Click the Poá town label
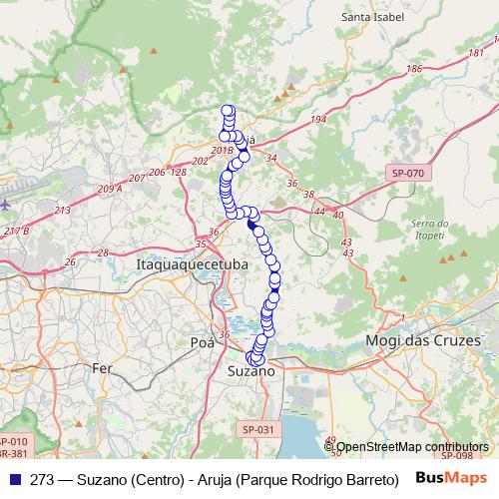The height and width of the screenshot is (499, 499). point(202,342)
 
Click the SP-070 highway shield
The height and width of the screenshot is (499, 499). point(407,173)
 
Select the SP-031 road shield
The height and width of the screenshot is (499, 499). point(257,429)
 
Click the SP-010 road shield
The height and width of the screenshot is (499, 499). point(14,441)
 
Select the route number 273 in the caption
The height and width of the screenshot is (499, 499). point(42,478)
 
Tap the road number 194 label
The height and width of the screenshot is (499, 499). point(317,120)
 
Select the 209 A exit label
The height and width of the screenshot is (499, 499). point(110,188)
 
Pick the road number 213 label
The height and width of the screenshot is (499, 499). point(62,210)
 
